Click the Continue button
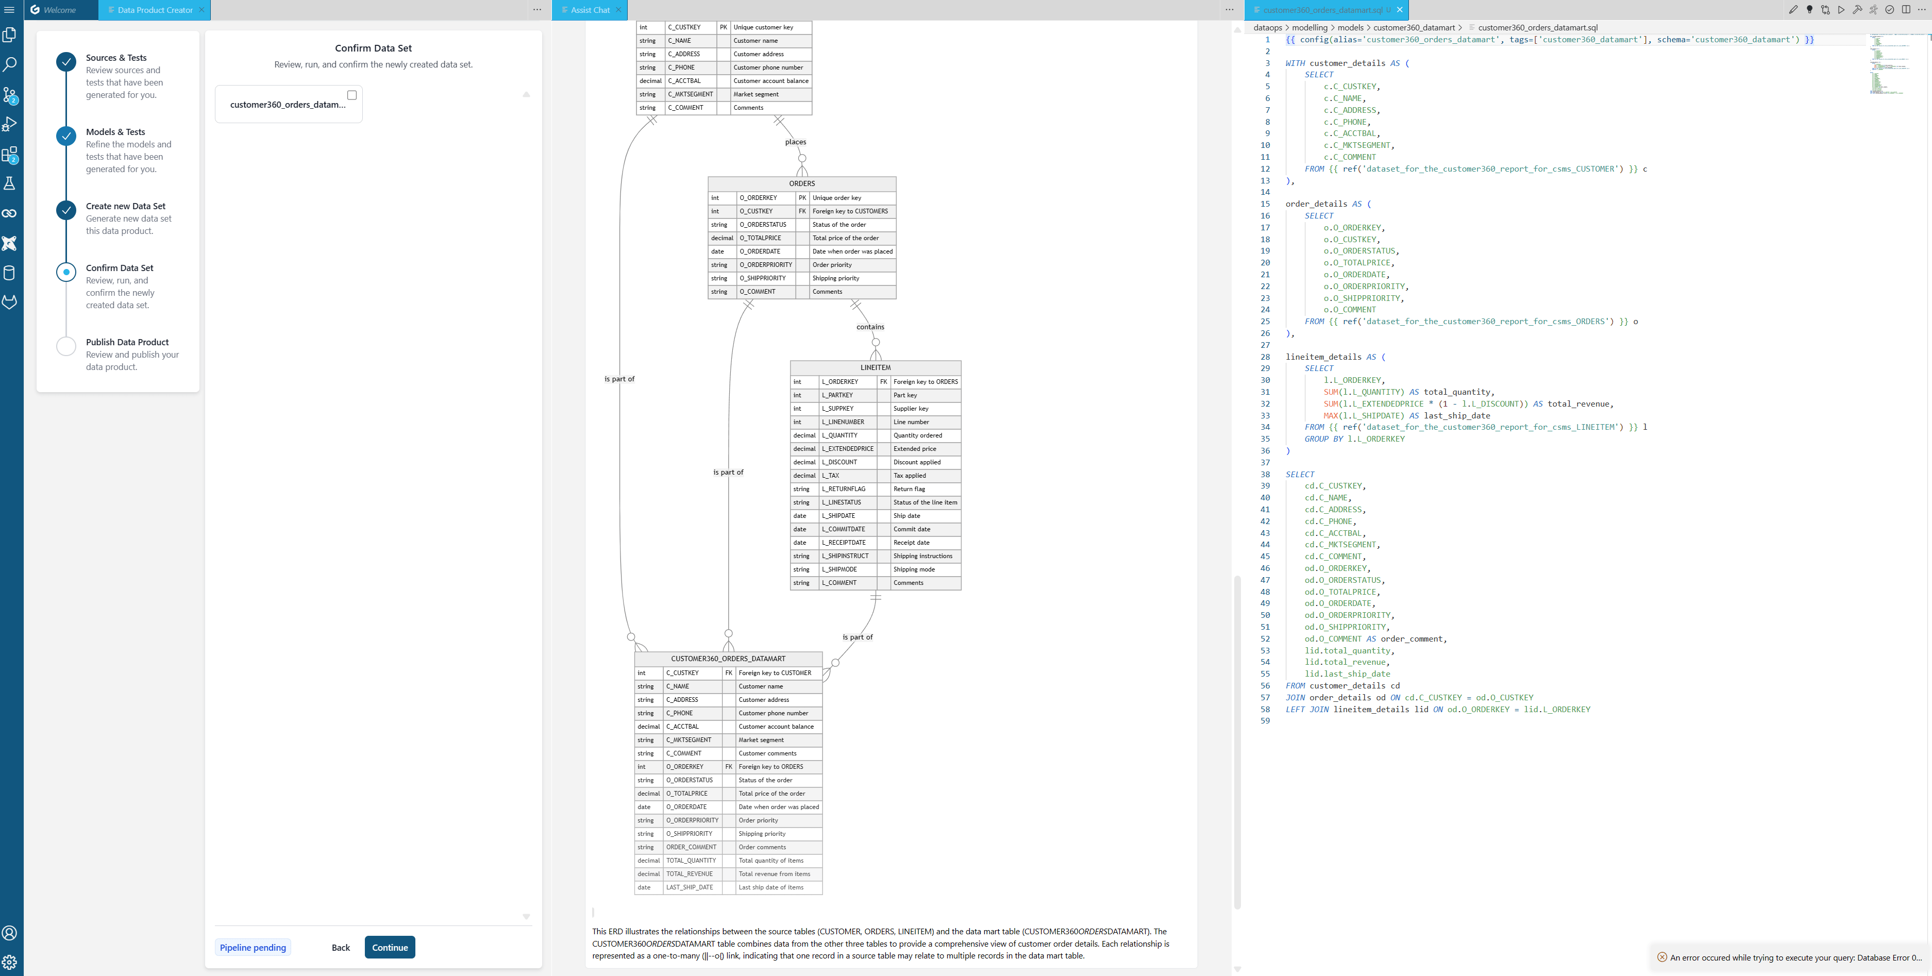click(x=389, y=948)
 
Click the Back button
click(x=341, y=948)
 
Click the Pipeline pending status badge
click(x=253, y=948)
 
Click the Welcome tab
click(x=59, y=10)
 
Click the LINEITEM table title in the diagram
click(x=875, y=367)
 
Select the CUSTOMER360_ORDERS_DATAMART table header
click(x=728, y=659)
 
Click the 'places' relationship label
click(x=795, y=142)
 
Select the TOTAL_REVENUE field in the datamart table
click(x=689, y=874)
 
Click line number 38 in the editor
click(x=1265, y=474)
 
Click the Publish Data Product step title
click(x=127, y=342)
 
